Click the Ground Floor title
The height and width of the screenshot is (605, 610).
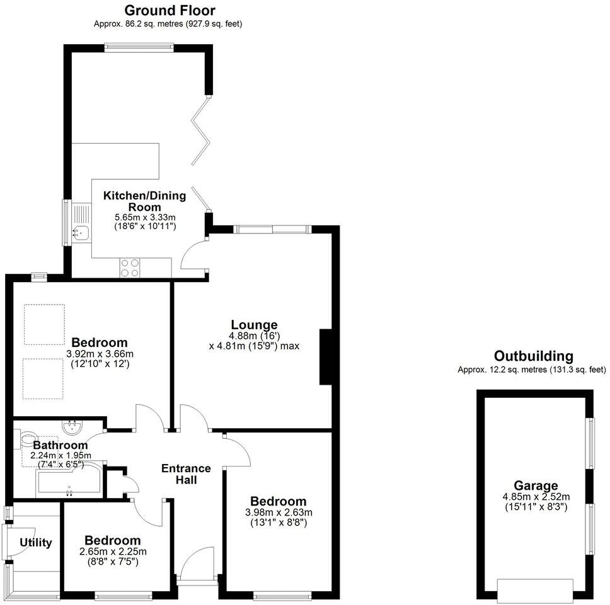170,10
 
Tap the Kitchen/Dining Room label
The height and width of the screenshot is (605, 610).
144,201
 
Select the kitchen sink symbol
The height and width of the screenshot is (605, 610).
81,232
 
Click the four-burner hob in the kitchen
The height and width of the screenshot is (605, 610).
130,268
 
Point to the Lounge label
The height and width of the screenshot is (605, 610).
254,325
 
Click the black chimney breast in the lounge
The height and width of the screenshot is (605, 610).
326,356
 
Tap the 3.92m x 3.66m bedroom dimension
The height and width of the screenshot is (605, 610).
100,354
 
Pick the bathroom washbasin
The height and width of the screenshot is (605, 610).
72,426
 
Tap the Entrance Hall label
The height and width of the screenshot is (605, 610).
186,474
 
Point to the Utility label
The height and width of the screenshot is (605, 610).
35,543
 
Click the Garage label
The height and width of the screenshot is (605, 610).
536,485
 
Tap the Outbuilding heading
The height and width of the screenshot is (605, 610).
533,356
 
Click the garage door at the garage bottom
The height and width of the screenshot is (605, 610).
535,589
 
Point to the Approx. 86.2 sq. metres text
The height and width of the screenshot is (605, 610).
167,24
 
